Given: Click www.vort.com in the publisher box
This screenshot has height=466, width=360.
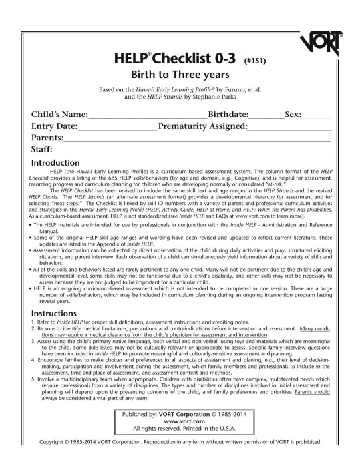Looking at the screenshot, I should click(179, 440).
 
